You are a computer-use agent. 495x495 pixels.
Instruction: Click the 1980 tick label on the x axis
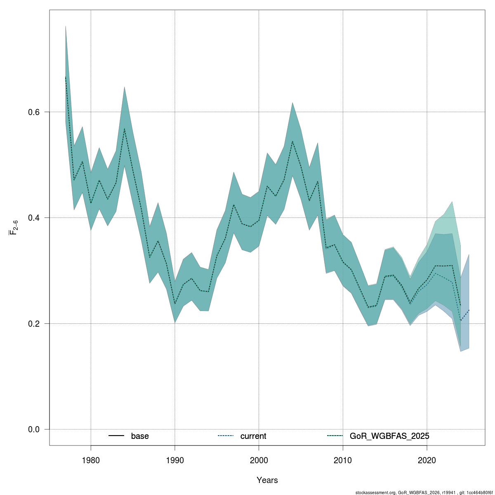91,460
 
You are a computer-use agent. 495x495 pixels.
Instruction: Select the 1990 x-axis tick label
174,460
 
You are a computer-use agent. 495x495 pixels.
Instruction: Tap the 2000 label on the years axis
259,460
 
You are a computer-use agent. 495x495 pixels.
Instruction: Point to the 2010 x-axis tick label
343,460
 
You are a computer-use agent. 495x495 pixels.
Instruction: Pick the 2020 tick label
427,460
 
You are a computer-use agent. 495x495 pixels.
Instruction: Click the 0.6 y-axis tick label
34,112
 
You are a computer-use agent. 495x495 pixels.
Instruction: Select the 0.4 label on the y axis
34,218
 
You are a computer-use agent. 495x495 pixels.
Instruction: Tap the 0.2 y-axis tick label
34,324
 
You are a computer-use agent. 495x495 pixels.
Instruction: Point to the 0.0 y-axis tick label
34,429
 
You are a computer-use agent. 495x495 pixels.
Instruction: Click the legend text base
140,436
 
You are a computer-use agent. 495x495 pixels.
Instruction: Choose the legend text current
253,436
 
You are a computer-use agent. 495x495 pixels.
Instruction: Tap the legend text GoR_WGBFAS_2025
389,436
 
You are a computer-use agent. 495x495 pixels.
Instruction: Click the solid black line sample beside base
116,436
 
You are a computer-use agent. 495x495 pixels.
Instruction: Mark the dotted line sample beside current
226,436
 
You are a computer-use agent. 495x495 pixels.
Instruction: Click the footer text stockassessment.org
375,493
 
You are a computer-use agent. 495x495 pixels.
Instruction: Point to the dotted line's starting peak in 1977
66,77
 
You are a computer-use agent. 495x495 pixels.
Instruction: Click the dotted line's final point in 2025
469,310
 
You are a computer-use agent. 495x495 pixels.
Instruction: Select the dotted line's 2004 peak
292,141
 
